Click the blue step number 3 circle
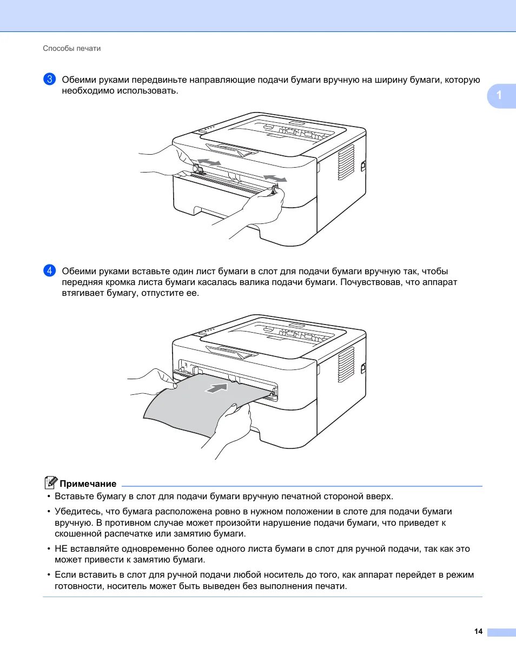click(x=49, y=79)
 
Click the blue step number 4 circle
click(x=49, y=270)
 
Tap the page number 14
click(x=478, y=631)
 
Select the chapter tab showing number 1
click(x=500, y=96)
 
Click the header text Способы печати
click(x=72, y=49)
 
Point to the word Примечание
click(x=88, y=484)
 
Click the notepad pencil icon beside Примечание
click(x=50, y=482)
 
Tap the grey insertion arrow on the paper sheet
click(x=217, y=387)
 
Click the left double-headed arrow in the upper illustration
click(x=209, y=162)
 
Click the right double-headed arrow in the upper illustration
click(x=275, y=178)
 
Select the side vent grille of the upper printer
click(x=346, y=162)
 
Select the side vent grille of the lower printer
click(x=346, y=365)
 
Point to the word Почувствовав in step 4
click(x=371, y=282)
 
